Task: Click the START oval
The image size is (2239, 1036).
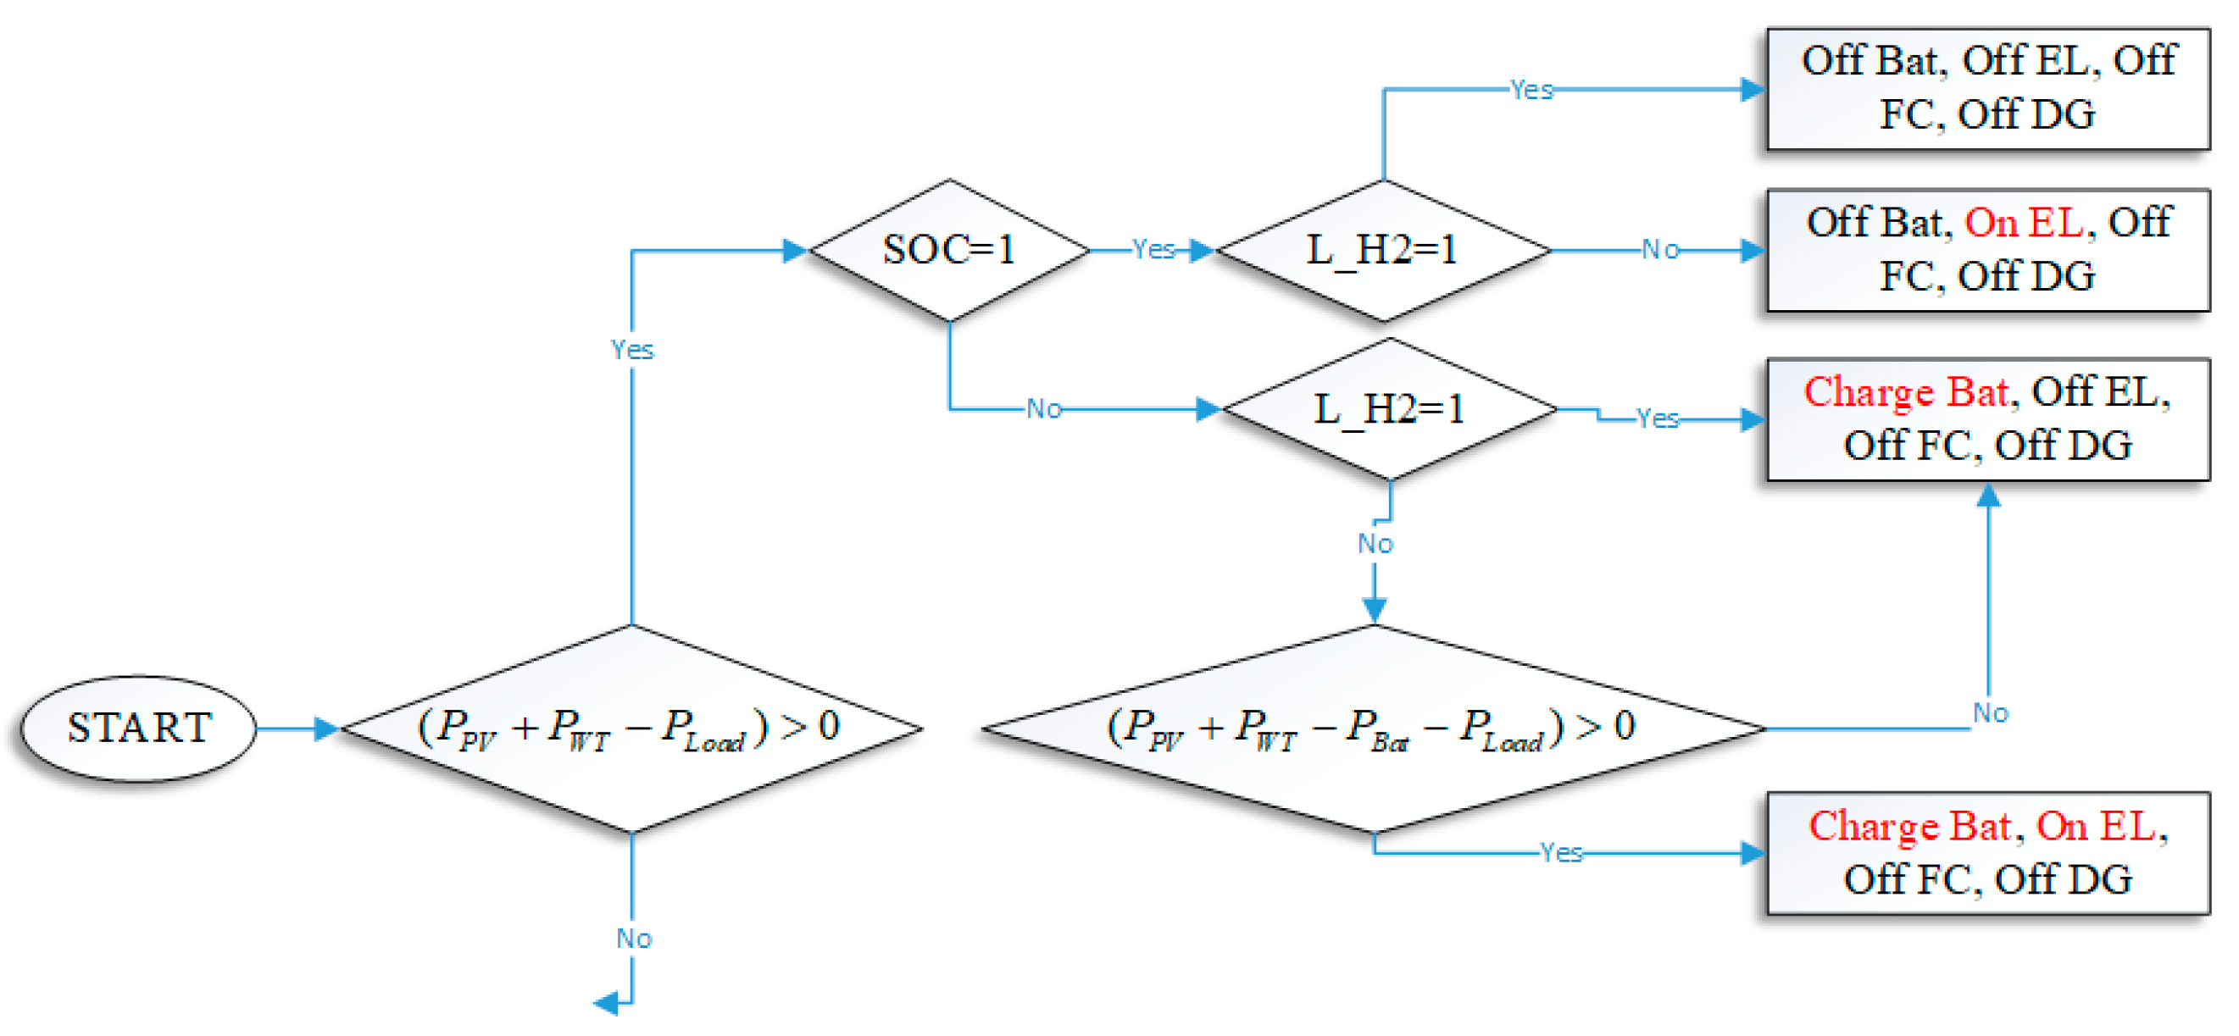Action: [138, 729]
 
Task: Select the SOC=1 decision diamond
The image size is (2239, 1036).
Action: [949, 250]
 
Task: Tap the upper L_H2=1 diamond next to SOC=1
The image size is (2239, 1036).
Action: [1383, 250]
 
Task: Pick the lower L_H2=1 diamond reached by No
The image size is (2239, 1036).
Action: [1389, 408]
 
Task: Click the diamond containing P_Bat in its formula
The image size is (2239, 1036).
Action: [1373, 729]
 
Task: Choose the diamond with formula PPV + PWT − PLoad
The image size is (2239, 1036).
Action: [632, 729]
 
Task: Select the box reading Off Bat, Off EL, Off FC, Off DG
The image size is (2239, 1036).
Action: [1988, 88]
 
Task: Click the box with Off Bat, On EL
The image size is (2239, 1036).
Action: [1988, 250]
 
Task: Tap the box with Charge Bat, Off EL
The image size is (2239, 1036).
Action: [1988, 419]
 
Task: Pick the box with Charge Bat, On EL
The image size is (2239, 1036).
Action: [1988, 854]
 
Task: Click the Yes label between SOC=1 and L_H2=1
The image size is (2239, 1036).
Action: [1153, 250]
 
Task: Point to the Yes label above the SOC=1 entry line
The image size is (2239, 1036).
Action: [632, 349]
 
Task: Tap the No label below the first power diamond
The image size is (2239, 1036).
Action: [634, 939]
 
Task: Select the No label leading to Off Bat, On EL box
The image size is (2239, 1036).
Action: [1660, 250]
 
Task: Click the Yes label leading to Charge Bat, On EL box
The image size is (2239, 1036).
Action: [1561, 853]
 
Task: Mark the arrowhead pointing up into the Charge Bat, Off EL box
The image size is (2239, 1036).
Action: [1989, 496]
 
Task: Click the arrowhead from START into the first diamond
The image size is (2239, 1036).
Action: [326, 729]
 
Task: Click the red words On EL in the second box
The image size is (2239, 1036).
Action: [2024, 224]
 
